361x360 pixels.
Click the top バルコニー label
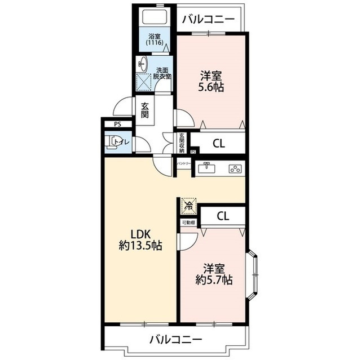(208, 20)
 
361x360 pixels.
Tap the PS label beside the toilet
(117, 125)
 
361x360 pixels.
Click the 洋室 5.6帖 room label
(212, 81)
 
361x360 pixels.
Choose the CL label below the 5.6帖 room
(218, 144)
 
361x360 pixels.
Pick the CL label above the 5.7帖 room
(223, 216)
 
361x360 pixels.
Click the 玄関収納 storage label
(182, 143)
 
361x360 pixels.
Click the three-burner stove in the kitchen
(234, 168)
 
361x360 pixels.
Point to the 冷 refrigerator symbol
(188, 206)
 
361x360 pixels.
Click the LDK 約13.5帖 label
(140, 239)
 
